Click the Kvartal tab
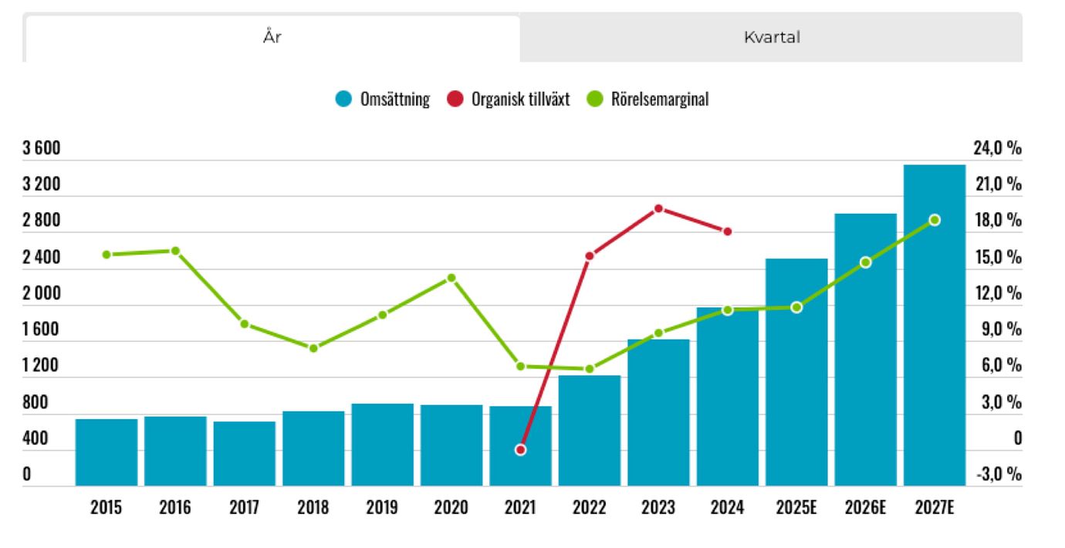pos(771,37)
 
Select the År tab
pos(272,37)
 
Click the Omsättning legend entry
pos(384,100)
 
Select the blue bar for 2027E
pos(934,324)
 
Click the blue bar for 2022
pos(590,431)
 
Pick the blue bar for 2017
pos(245,453)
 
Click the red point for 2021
pos(520,449)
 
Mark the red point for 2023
pos(658,208)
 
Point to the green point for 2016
pos(175,251)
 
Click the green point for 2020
pos(451,278)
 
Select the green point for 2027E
pos(935,220)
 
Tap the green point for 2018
pos(313,348)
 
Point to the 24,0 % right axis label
pos(997,149)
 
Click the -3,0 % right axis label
pos(998,474)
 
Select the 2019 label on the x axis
pos(382,508)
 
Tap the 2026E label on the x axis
pos(865,508)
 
